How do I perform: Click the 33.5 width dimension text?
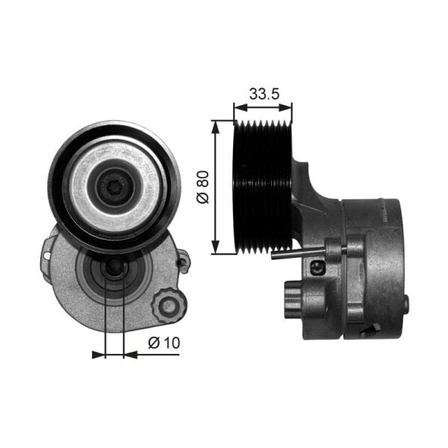click(262, 94)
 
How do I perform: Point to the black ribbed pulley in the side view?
click(262, 187)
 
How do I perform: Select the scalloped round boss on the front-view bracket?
click(168, 306)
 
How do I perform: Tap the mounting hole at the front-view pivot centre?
click(114, 269)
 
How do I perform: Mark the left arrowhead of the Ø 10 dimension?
click(99, 354)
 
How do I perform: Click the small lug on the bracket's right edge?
click(183, 259)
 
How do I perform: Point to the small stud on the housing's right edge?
click(407, 303)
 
